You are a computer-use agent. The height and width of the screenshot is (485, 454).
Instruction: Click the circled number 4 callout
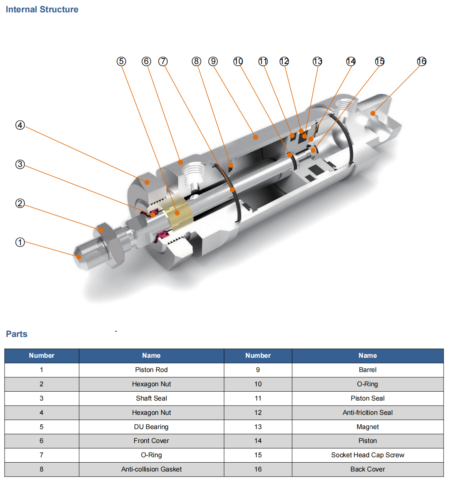pyautogui.click(x=20, y=125)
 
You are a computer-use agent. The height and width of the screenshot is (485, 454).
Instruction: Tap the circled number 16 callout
pyautogui.click(x=422, y=61)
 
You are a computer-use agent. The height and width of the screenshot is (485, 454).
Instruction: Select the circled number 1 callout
pyautogui.click(x=20, y=242)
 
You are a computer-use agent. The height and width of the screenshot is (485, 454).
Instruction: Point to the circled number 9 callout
pyautogui.click(x=213, y=61)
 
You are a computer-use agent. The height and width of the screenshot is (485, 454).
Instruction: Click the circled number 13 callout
pyautogui.click(x=317, y=61)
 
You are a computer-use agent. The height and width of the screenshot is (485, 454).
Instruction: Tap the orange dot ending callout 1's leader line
pyautogui.click(x=79, y=257)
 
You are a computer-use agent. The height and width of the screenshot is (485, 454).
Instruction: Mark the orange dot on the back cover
pyautogui.click(x=373, y=113)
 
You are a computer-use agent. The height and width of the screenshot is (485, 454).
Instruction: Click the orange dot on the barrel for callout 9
pyautogui.click(x=255, y=137)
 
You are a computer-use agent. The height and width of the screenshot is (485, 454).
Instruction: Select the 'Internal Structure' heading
pyautogui.click(x=42, y=10)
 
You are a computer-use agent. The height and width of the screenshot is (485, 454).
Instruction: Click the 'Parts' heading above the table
pyautogui.click(x=17, y=334)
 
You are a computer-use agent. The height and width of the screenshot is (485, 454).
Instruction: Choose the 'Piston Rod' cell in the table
pyautogui.click(x=151, y=370)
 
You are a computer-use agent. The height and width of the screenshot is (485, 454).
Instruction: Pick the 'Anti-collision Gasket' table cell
pyautogui.click(x=151, y=469)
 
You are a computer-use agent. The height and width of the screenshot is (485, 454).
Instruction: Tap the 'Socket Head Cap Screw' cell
pyautogui.click(x=367, y=455)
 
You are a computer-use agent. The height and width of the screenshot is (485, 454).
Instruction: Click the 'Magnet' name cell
pyautogui.click(x=367, y=427)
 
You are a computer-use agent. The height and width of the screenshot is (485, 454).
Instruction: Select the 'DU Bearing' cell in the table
pyautogui.click(x=151, y=427)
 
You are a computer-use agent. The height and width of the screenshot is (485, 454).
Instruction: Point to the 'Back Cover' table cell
pyautogui.click(x=367, y=469)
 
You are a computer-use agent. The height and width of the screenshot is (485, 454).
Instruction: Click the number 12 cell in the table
pyautogui.click(x=258, y=413)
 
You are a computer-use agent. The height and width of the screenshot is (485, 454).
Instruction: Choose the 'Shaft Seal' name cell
pyautogui.click(x=151, y=398)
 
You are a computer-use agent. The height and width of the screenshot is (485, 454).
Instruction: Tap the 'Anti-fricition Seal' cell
pyautogui.click(x=367, y=413)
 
